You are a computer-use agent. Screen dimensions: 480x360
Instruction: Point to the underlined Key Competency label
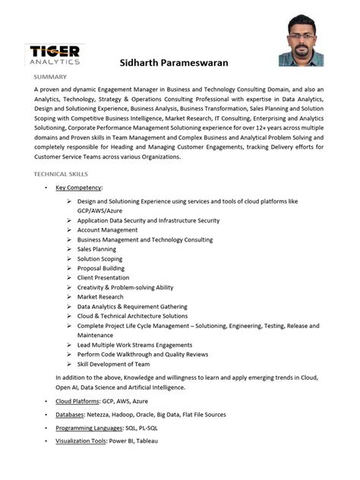coord(78,187)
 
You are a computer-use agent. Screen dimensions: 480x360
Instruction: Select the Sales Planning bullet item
coord(96,248)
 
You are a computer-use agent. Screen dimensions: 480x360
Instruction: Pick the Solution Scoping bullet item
coord(99,258)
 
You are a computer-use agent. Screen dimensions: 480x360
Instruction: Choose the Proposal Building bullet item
coord(100,268)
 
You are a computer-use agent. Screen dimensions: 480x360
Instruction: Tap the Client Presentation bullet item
coord(104,277)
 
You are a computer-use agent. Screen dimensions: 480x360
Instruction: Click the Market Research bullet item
coord(99,297)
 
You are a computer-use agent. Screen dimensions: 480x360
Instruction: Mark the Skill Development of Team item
coord(113,364)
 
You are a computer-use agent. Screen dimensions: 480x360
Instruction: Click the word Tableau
coord(147,441)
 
